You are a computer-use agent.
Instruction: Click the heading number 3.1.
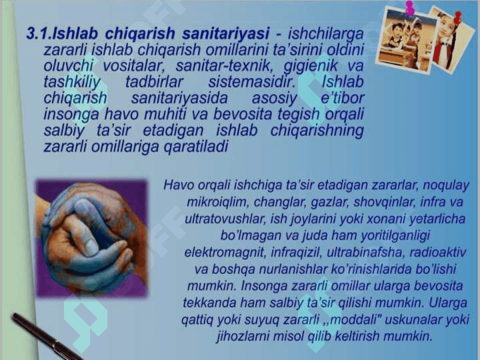[x=39, y=33]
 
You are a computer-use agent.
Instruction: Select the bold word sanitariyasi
[x=226, y=33]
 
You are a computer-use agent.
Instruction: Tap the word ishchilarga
[x=326, y=34]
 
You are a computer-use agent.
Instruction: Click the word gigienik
[x=311, y=66]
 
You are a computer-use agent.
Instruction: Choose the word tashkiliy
[x=72, y=83]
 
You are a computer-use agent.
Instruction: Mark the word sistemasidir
[x=252, y=82]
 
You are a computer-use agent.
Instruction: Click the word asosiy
[x=274, y=99]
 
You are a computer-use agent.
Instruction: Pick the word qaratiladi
[x=196, y=147]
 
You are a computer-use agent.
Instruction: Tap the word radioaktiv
[x=438, y=252]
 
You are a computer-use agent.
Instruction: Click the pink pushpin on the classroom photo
[x=409, y=8]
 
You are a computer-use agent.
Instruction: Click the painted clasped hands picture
[x=91, y=238]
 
